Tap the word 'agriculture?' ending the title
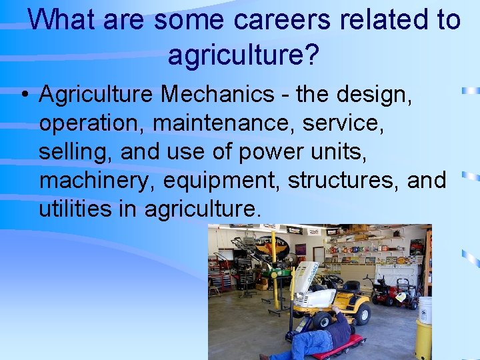click(x=243, y=55)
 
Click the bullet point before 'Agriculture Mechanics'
click(x=23, y=95)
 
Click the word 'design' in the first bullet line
click(x=375, y=95)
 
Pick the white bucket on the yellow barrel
click(x=425, y=309)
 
